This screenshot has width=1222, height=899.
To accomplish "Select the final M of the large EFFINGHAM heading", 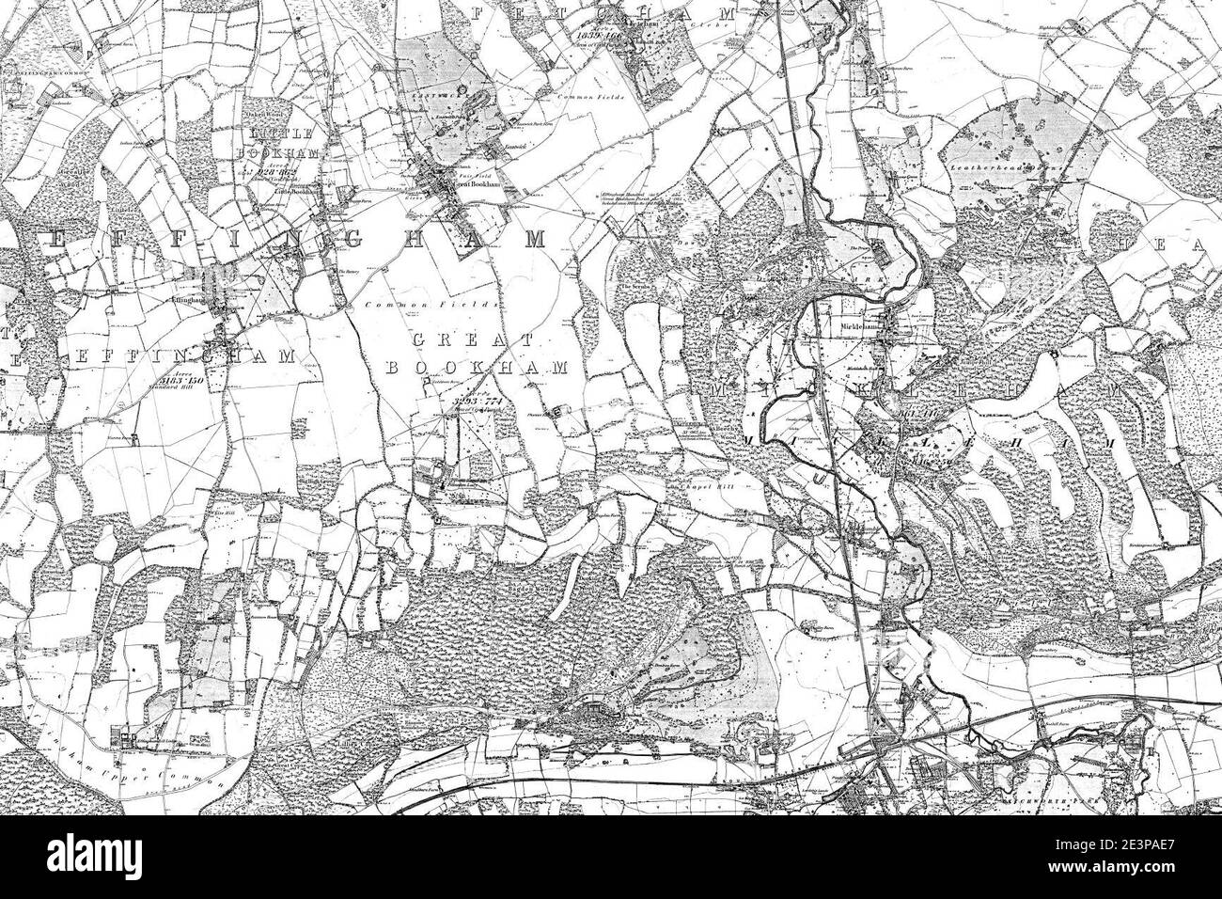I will click(x=533, y=239).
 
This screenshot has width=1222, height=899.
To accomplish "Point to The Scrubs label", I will click(x=635, y=286).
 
